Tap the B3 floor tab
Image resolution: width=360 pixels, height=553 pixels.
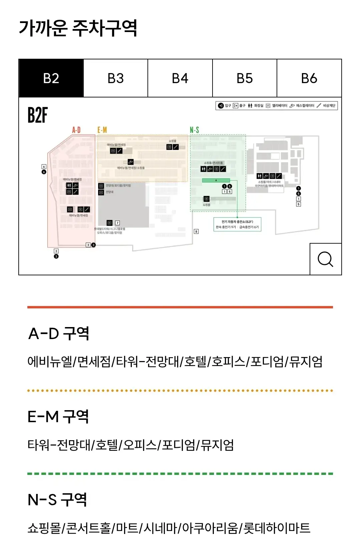[x=115, y=78]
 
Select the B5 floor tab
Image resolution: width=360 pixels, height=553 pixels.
[x=245, y=78]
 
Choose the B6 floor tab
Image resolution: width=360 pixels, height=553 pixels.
[x=309, y=78]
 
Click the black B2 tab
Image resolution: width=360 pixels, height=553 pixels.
[x=51, y=78]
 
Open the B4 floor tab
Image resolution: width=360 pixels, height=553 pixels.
[x=180, y=78]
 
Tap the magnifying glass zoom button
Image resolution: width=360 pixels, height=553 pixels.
[x=325, y=259]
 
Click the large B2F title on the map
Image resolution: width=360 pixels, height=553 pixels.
[x=37, y=115]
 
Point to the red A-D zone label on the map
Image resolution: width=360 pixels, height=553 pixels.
[x=76, y=130]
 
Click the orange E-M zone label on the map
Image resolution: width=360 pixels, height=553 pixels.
[x=102, y=130]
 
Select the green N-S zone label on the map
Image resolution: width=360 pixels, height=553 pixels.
[x=195, y=130]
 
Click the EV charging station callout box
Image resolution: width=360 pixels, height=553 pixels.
[x=237, y=224]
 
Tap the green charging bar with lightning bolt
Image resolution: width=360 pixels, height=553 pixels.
[x=216, y=181]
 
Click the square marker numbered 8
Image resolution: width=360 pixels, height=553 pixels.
[x=196, y=231]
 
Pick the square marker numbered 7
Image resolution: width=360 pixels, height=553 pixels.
[x=117, y=223]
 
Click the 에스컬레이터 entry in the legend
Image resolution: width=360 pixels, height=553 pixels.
[x=302, y=106]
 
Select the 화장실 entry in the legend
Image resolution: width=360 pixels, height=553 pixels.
[x=256, y=106]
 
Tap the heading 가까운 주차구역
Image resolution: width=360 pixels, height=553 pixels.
[x=78, y=28]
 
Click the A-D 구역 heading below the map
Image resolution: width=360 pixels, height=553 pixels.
[x=59, y=333]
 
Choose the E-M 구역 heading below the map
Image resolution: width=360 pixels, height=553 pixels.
[x=58, y=417]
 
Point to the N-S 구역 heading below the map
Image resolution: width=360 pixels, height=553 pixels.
[x=57, y=500]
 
